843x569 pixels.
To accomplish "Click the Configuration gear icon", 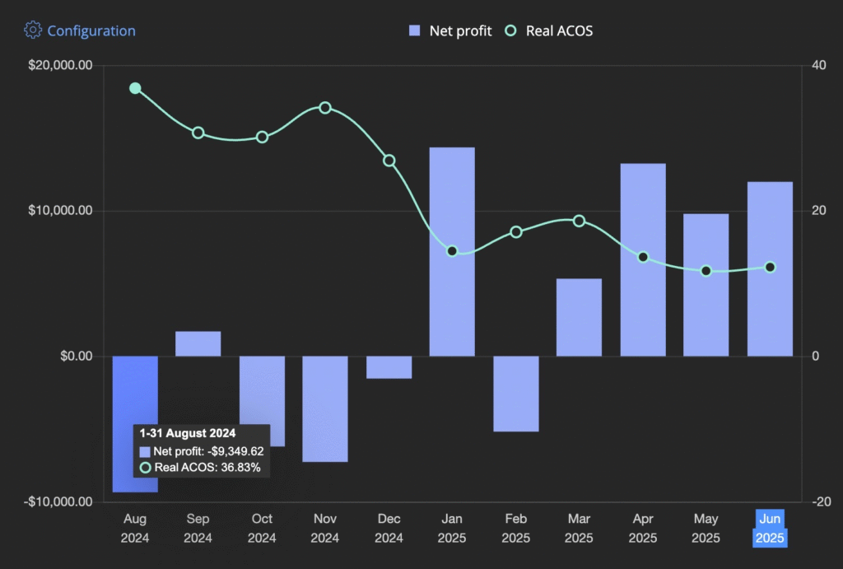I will point(33,30).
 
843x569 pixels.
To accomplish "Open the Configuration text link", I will point(91,30).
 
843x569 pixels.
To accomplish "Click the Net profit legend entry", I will point(450,30).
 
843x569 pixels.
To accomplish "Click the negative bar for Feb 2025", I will point(516,394).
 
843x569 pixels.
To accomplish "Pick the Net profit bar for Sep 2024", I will point(198,344).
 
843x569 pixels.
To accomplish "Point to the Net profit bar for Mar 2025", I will point(579,317).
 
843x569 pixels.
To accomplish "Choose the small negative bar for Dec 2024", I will point(389,367).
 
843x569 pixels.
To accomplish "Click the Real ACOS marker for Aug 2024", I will point(135,88).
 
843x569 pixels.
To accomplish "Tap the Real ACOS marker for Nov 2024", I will point(325,108).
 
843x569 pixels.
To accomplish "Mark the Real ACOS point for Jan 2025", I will point(452,251).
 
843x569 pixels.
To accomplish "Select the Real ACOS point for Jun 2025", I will point(771,267).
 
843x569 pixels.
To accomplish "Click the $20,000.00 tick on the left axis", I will point(60,65).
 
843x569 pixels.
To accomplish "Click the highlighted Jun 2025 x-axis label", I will point(770,528).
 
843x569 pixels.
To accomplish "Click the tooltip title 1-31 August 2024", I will point(188,433).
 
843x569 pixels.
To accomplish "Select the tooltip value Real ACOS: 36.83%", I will point(207,468).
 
